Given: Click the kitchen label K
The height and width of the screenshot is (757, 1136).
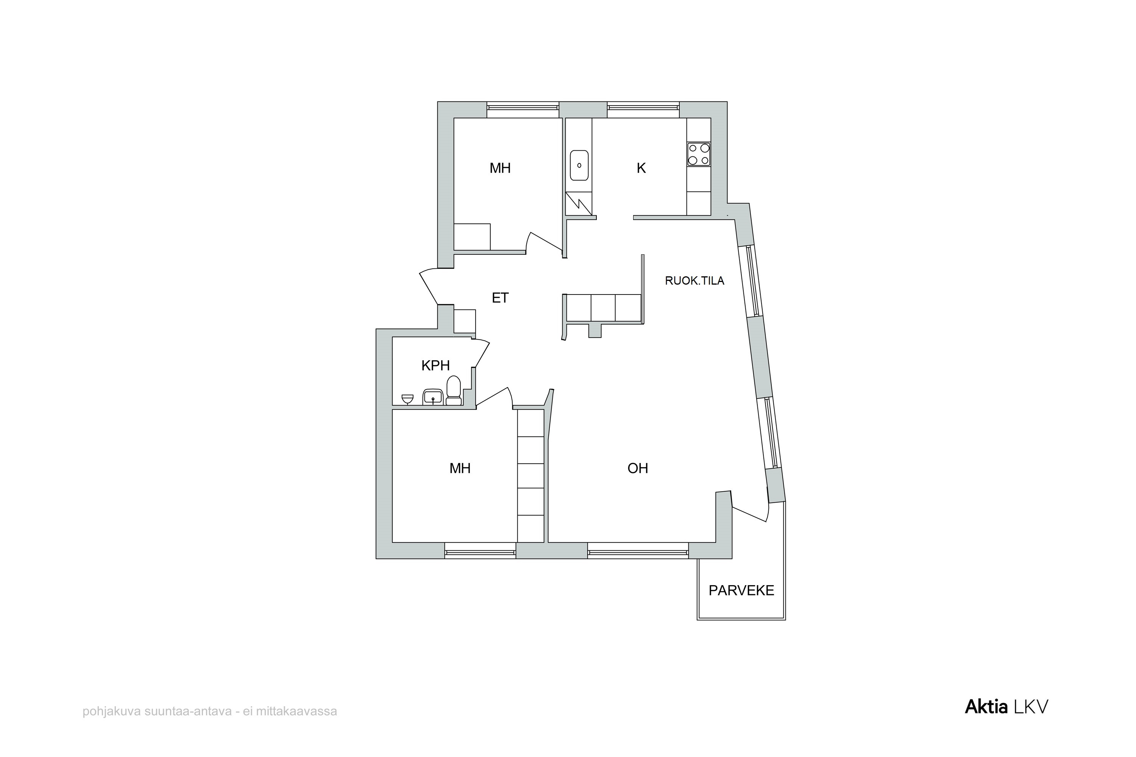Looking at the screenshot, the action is coord(641,168).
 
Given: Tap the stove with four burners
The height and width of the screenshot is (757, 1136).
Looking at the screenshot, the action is coord(698,154).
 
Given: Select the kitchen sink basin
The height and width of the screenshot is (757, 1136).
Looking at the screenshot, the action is coord(579,165).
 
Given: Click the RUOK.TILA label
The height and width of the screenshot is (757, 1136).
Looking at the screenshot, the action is coord(694,280).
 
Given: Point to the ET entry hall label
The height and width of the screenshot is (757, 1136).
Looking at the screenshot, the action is coord(500,298).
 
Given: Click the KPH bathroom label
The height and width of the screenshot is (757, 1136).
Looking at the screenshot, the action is coord(436,366).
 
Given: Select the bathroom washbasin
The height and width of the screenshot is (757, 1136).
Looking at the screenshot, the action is coord(433,397).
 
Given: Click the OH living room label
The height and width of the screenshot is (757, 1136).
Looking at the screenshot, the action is coord(638,468).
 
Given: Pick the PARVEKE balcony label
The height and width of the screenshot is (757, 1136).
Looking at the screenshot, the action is coord(741,590).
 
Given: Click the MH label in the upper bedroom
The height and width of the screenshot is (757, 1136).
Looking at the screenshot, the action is coord(500,168).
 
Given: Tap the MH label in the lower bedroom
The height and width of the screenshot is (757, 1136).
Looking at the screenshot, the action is coord(460,468).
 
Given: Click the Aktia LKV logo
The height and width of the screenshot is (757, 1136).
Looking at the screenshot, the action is coord(1006,707).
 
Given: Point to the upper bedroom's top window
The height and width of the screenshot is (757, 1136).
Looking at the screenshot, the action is coord(523,110).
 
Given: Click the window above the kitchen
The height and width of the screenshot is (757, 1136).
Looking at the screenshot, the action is coord(643,110).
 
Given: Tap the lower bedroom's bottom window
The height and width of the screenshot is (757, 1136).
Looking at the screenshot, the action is coord(480,551).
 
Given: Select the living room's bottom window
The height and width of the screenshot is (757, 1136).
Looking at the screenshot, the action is coord(638,551).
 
